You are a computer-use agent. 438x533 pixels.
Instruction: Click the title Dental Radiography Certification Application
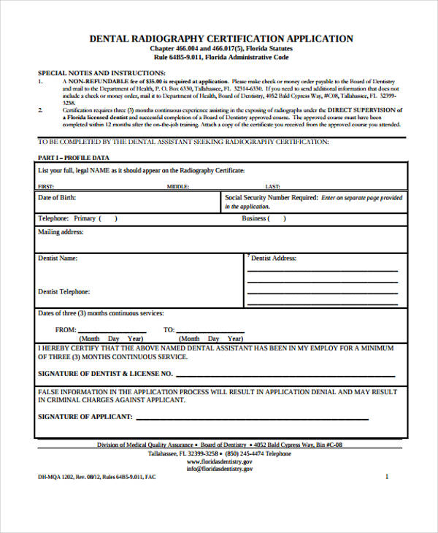[x=220, y=38]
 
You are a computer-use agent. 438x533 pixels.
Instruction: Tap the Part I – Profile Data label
[x=73, y=158]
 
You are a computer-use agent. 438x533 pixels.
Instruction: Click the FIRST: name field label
[x=46, y=187]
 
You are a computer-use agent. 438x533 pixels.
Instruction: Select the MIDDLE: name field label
[x=178, y=187]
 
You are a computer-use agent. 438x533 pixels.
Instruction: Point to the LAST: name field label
[x=272, y=187]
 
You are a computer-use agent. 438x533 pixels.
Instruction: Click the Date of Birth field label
[x=56, y=198]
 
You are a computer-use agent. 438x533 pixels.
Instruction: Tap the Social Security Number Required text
[x=271, y=198]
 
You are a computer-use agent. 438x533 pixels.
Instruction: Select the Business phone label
[x=254, y=218]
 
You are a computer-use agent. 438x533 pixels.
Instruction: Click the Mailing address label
[x=61, y=232]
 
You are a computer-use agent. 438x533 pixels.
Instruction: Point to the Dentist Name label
[x=58, y=258]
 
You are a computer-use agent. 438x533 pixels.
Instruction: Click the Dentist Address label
[x=273, y=258]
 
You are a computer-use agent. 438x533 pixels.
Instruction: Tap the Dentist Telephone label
[x=64, y=291]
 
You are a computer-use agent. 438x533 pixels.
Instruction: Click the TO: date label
[x=169, y=329]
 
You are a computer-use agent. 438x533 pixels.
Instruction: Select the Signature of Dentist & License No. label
[x=105, y=373]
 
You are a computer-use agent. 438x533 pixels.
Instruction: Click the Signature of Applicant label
[x=85, y=416]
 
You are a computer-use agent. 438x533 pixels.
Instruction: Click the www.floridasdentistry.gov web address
[x=219, y=461]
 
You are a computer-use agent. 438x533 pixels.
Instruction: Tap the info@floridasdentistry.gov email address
[x=219, y=469]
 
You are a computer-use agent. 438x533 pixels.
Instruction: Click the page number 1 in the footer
[x=386, y=476]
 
